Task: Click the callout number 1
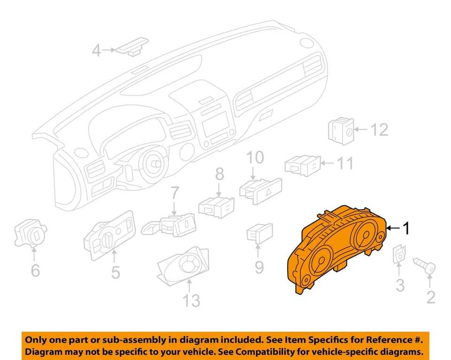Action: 406,229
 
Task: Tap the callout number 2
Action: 430,297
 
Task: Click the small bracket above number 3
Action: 399,254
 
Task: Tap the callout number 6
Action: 35,271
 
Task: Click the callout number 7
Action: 175,193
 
